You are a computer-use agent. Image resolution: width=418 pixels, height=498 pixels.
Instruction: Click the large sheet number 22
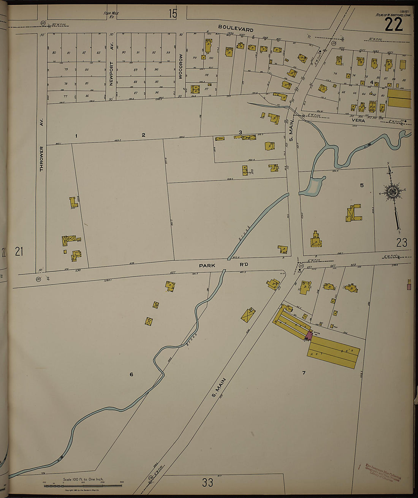click(x=393, y=25)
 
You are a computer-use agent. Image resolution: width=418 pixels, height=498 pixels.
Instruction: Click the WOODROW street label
click(x=181, y=66)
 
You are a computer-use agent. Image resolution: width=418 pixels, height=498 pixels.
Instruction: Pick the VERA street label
click(x=358, y=120)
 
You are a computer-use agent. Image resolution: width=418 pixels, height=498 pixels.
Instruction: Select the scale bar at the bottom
click(x=83, y=485)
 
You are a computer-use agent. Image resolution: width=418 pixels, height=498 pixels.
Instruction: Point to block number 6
click(x=131, y=375)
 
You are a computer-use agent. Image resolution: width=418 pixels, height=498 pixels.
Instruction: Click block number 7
click(x=304, y=373)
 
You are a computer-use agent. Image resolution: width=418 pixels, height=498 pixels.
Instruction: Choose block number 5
click(x=362, y=185)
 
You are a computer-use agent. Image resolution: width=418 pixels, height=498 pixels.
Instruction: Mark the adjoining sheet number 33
click(x=207, y=483)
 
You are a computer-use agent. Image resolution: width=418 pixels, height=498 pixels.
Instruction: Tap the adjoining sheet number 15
click(x=173, y=14)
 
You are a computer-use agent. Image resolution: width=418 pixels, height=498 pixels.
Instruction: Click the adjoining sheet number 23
click(x=401, y=242)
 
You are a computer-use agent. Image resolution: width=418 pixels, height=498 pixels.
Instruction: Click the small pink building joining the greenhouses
click(x=309, y=335)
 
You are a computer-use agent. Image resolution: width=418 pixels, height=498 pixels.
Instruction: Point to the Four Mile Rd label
click(x=111, y=15)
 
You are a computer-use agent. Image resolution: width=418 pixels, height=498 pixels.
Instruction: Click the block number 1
click(x=76, y=136)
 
